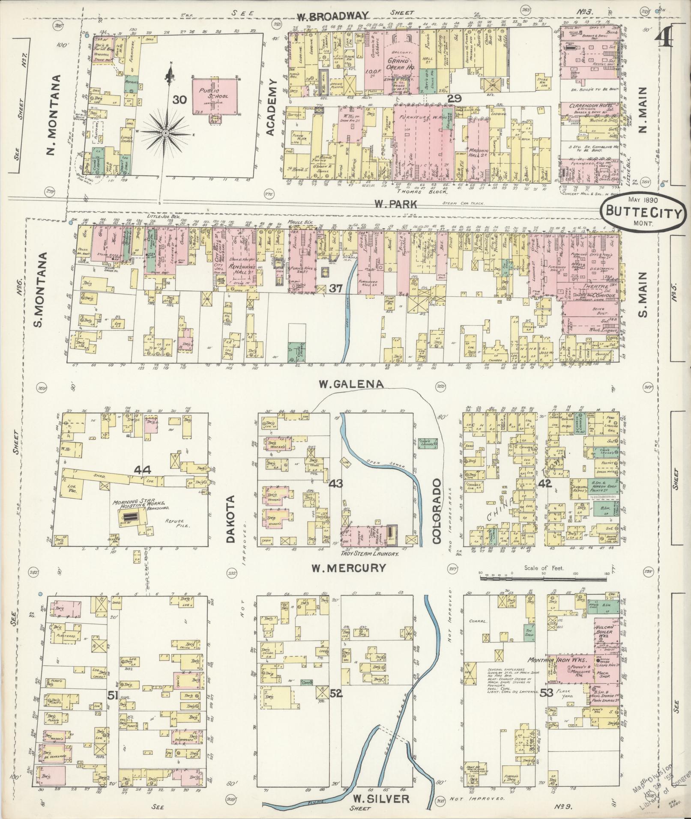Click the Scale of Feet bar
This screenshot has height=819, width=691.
(543, 578)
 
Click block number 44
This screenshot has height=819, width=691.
(142, 471)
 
